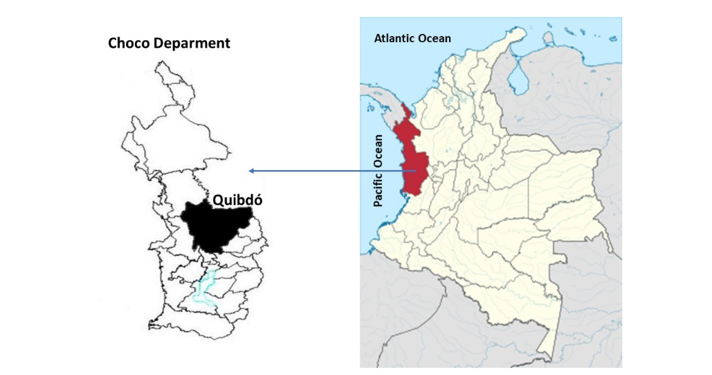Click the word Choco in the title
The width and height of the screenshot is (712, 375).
(128, 43)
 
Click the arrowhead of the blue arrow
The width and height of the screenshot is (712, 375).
(252, 171)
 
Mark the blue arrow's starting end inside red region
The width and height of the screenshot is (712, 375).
(415, 171)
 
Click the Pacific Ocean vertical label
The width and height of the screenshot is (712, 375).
(378, 170)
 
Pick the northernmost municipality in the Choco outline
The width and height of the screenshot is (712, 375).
(173, 80)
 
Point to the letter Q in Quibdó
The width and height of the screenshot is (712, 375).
(218, 200)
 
